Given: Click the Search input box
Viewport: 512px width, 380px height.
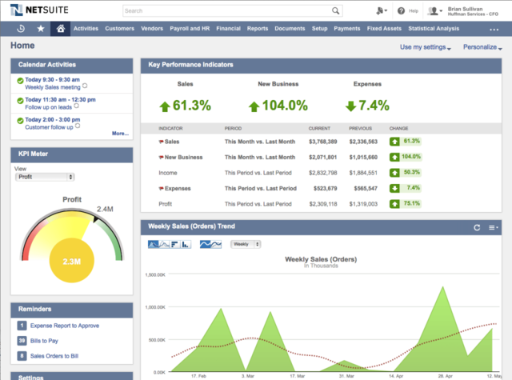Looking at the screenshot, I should point(232,11).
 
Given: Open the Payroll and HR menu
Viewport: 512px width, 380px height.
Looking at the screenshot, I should point(190,29).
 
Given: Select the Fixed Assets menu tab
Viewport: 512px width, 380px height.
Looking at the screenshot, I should point(384,29).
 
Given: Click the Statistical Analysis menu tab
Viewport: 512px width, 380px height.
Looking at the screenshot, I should point(433,29).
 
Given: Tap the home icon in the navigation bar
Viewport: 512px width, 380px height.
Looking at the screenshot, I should point(60,29).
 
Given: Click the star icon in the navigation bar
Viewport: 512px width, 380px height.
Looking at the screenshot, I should point(41,29).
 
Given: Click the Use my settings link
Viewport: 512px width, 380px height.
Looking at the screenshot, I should point(425,47).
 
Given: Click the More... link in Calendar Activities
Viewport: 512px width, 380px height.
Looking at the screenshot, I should point(120,134).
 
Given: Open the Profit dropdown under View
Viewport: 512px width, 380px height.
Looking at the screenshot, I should point(45,177).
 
